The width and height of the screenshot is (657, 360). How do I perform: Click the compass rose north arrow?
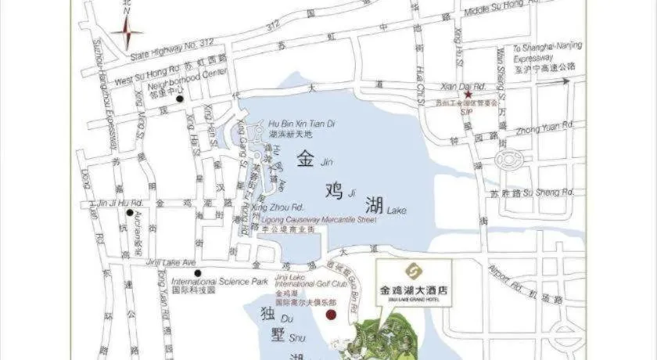pos(127,31)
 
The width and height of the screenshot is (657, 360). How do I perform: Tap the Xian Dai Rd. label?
pos(464,85)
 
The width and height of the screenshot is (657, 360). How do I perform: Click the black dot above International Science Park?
pos(199,273)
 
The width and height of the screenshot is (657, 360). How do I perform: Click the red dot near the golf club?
pos(331,315)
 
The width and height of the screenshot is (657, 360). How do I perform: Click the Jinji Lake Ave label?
pos(171,263)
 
